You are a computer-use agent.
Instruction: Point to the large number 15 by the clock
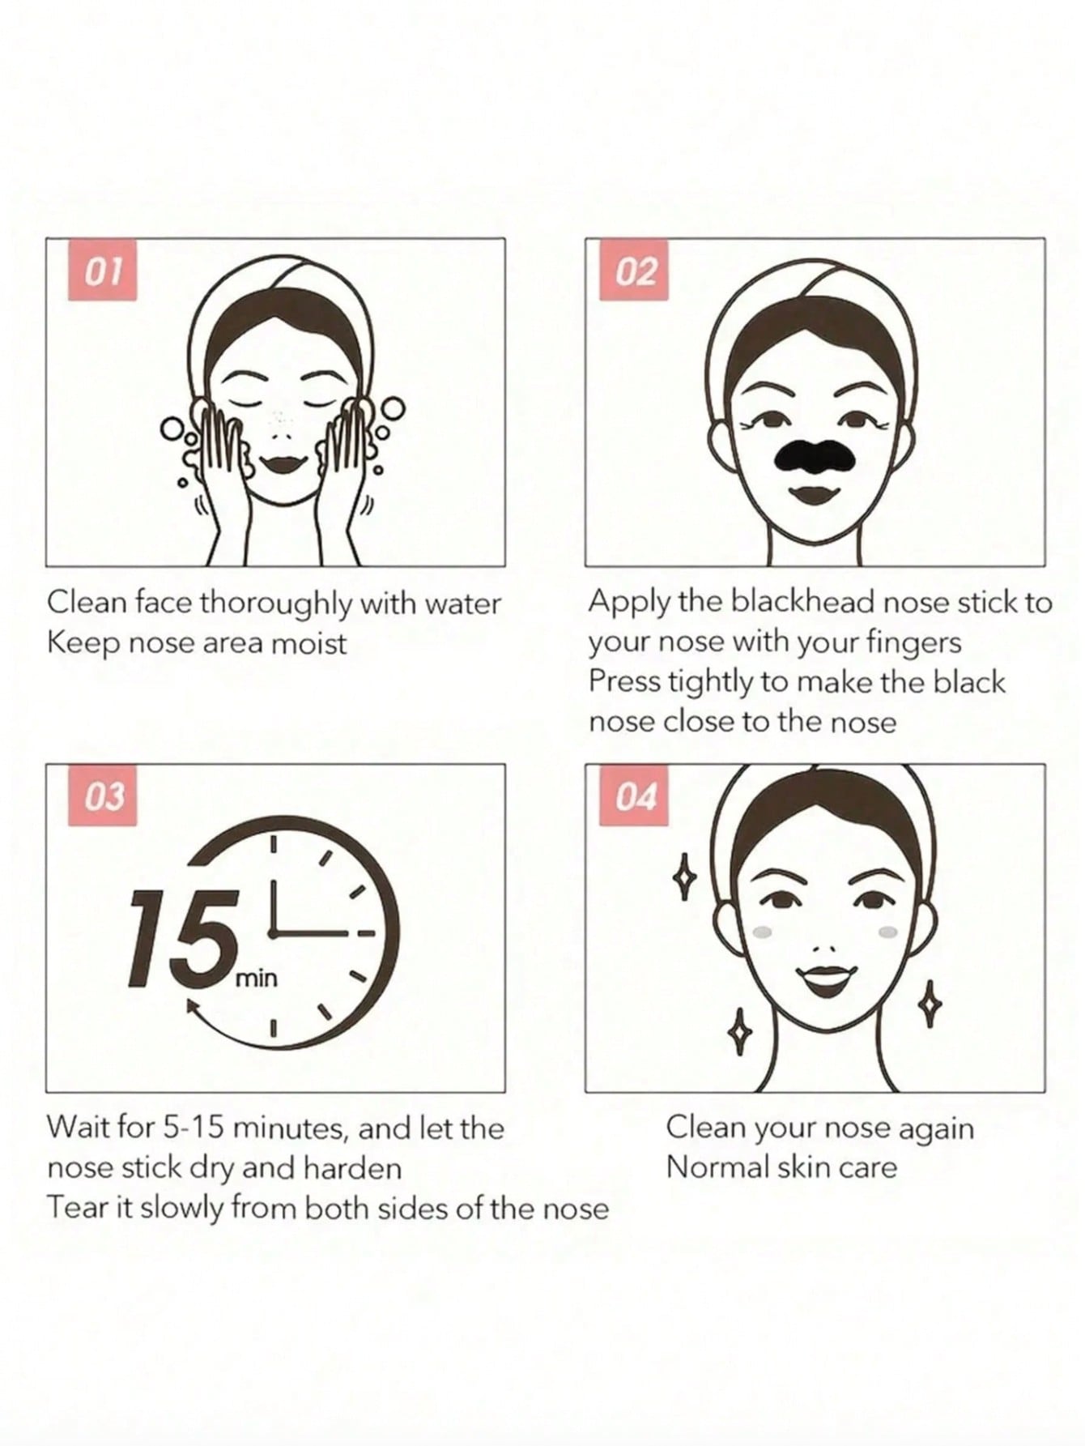[x=179, y=938]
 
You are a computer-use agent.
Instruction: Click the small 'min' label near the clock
[x=256, y=979]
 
